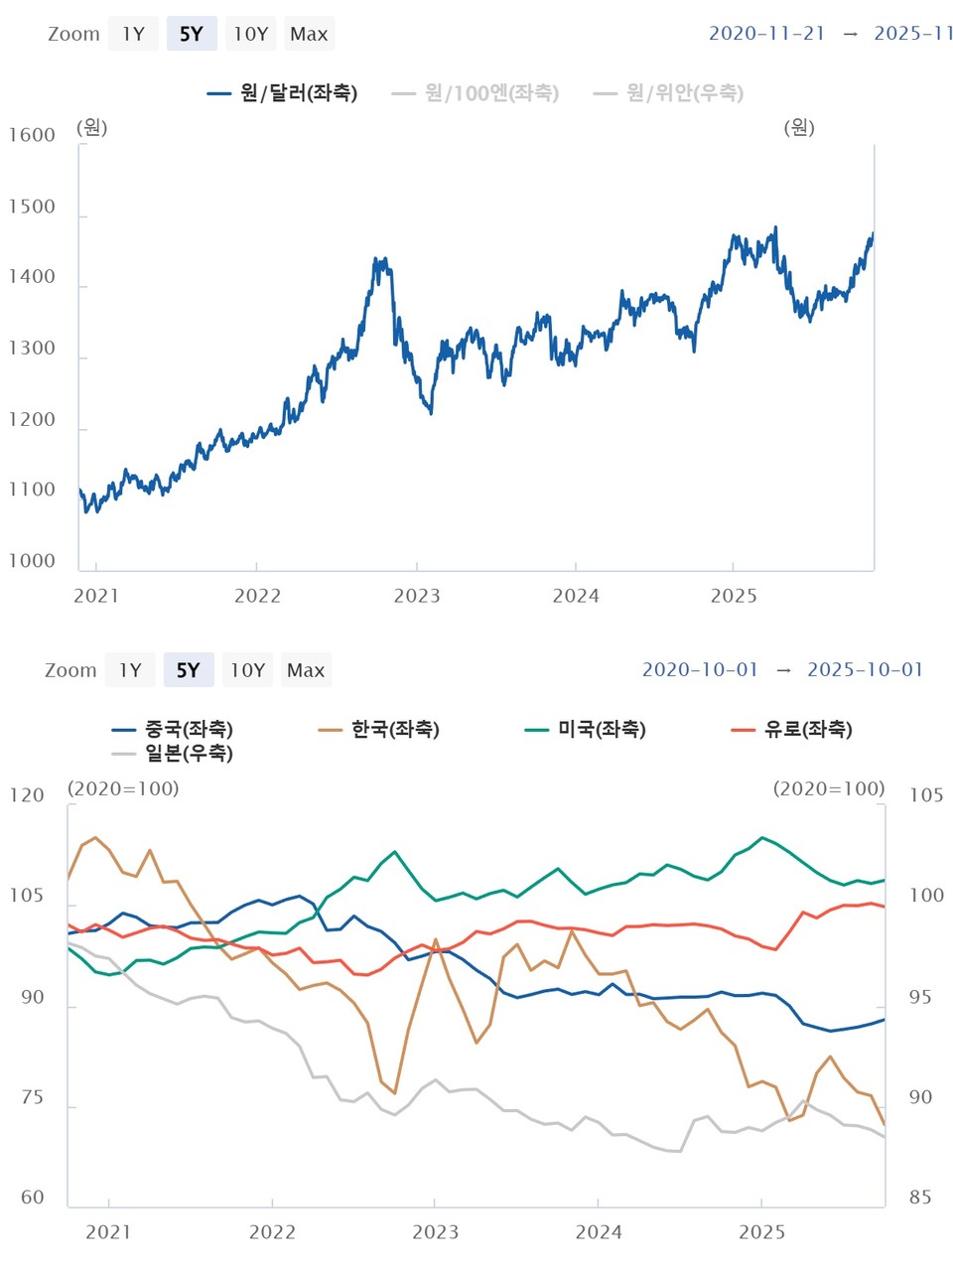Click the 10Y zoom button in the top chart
[250, 34]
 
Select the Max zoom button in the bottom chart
[306, 670]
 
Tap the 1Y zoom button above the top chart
[133, 34]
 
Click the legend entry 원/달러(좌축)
[283, 93]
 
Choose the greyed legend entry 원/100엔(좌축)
[476, 93]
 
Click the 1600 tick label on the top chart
[32, 136]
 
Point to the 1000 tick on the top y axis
[32, 561]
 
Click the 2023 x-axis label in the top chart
[417, 596]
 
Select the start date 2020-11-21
[766, 33]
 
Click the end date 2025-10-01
[865, 669]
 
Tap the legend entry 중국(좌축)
[174, 730]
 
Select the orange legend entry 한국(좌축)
[379, 730]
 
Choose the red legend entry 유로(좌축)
[792, 730]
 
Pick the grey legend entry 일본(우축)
[174, 754]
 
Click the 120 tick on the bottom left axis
[27, 795]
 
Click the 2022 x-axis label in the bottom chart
[272, 1232]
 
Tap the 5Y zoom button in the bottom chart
[188, 670]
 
